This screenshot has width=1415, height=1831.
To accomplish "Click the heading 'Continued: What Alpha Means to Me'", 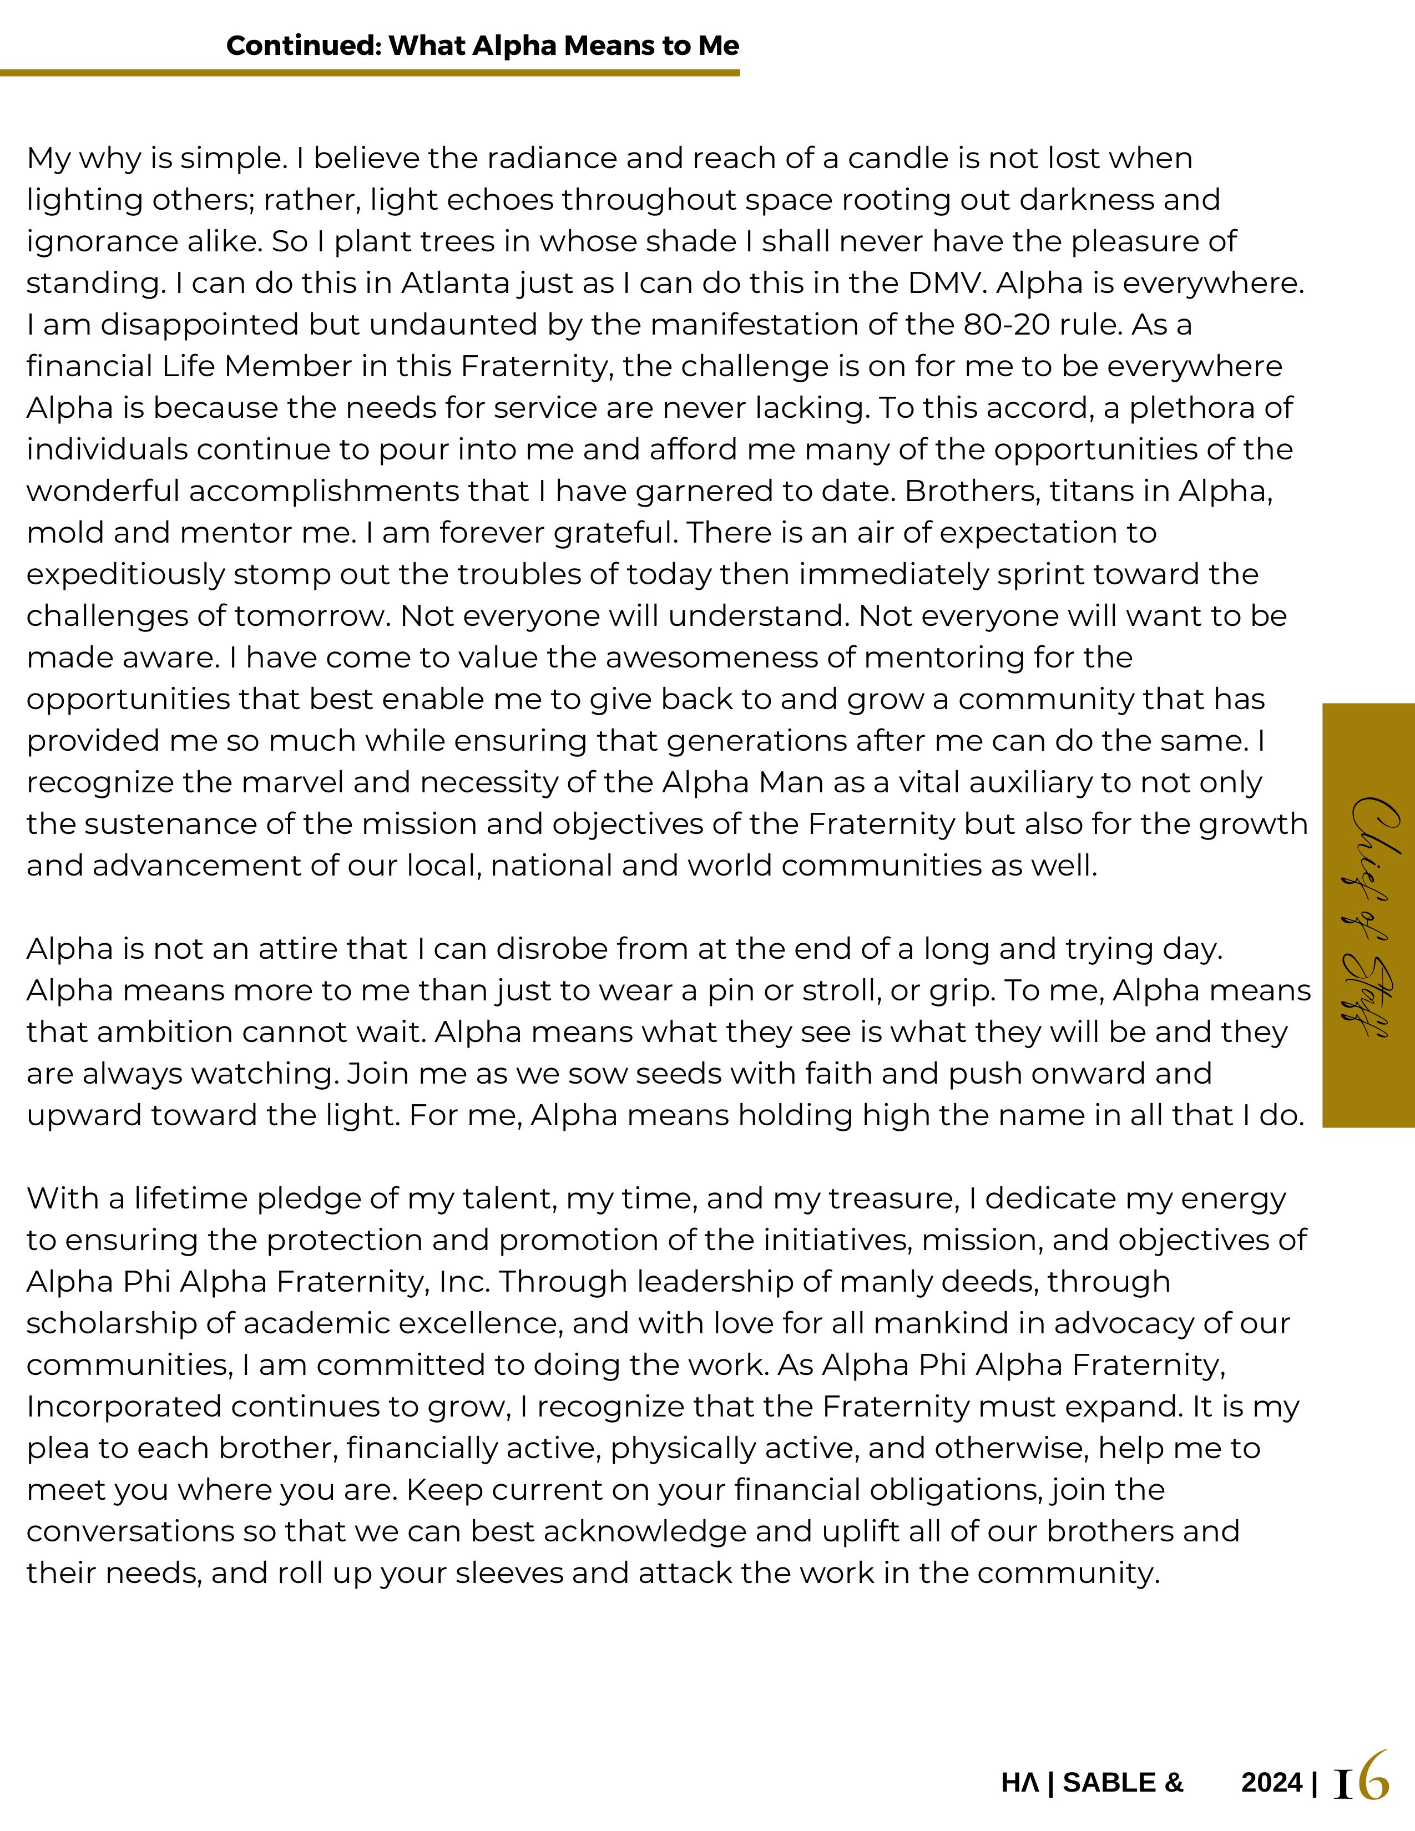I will pyautogui.click(x=482, y=45).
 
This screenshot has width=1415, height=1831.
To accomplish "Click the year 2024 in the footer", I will pyautogui.click(x=1272, y=1782).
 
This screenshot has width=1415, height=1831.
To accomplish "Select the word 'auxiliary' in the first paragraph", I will pyautogui.click(x=1030, y=783).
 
